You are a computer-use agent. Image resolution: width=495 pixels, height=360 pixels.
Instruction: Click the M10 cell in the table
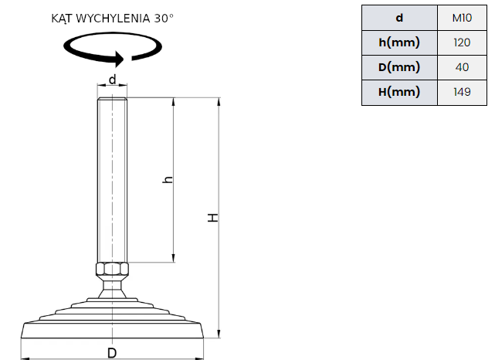tap(462, 18)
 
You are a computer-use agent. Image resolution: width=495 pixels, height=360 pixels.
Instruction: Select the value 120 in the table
tap(462, 42)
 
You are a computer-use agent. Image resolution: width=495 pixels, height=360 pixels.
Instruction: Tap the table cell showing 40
tap(462, 67)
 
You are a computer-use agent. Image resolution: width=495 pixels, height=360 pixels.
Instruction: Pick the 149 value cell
tap(462, 92)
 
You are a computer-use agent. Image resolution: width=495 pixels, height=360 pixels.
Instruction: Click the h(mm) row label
tap(399, 42)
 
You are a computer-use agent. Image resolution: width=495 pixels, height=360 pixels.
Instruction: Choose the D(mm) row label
tap(399, 67)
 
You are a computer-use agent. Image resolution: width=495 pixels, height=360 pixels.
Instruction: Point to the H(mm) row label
tap(399, 92)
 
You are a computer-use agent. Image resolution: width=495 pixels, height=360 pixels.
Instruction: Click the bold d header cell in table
tap(399, 18)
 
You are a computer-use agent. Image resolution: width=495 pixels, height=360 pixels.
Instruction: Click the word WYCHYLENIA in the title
tap(113, 19)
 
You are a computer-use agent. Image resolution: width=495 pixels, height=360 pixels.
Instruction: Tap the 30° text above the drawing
tap(164, 19)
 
